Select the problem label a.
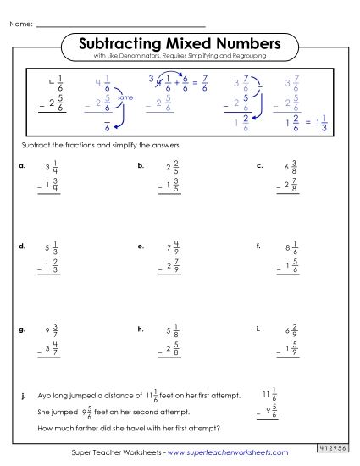pyautogui.click(x=20, y=167)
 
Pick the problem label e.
pyautogui.click(x=140, y=247)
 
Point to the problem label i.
pyautogui.click(x=257, y=327)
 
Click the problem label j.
pyautogui.click(x=20, y=395)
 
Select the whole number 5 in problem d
pyautogui.click(x=45, y=251)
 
